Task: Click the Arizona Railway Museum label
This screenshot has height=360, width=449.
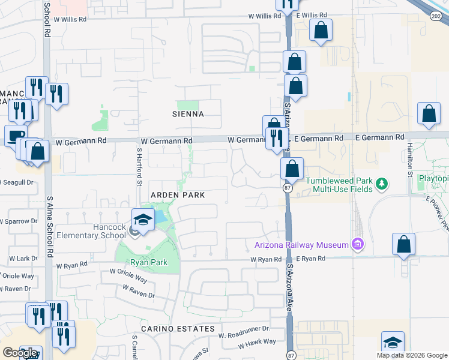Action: point(301,245)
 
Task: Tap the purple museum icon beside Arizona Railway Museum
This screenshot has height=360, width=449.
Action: point(358,244)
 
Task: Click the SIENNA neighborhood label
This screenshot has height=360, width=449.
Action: point(187,114)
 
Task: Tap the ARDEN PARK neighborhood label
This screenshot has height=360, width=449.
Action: point(178,196)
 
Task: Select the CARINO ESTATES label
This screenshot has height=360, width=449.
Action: point(178,329)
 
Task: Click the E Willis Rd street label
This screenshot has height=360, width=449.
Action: point(310,15)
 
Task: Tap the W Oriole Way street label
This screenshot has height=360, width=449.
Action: point(128,275)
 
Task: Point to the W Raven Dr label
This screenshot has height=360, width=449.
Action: point(138,292)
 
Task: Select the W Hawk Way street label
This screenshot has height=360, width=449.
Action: point(257,342)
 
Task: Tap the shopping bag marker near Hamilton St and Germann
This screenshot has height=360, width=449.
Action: point(429,114)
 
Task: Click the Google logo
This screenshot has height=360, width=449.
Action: point(20,353)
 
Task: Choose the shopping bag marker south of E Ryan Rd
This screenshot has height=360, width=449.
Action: point(403,244)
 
